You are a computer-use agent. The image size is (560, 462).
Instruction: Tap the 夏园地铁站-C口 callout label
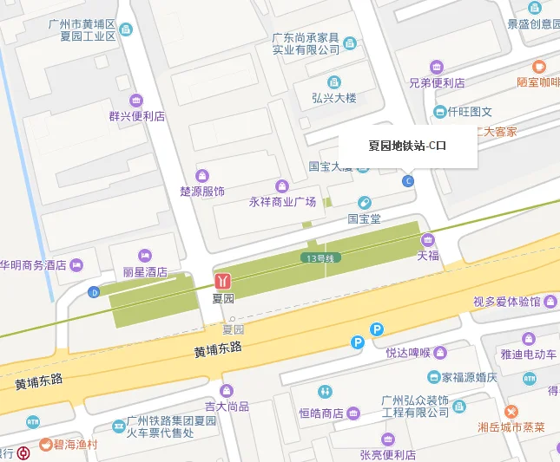click(x=407, y=146)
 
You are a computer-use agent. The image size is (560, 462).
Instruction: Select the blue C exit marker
click(x=408, y=180)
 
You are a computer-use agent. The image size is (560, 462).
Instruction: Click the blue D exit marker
click(x=93, y=292)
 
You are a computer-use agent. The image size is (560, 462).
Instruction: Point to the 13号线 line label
click(x=319, y=258)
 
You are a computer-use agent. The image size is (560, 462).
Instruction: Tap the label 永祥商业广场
click(x=282, y=202)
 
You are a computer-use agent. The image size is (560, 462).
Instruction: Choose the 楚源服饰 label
click(x=202, y=191)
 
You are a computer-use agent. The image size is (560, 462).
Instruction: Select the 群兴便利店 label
click(x=136, y=115)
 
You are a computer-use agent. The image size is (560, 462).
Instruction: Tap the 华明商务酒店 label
click(x=33, y=264)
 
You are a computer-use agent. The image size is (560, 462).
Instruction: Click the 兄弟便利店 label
click(x=437, y=83)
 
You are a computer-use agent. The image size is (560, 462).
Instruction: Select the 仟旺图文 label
click(x=470, y=112)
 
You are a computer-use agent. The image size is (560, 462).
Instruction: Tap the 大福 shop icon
click(x=427, y=239)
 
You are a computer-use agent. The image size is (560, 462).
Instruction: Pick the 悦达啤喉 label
click(x=408, y=353)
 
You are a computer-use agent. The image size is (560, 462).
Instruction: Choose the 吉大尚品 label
click(x=227, y=406)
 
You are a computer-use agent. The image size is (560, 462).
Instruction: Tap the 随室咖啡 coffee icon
click(x=539, y=66)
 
